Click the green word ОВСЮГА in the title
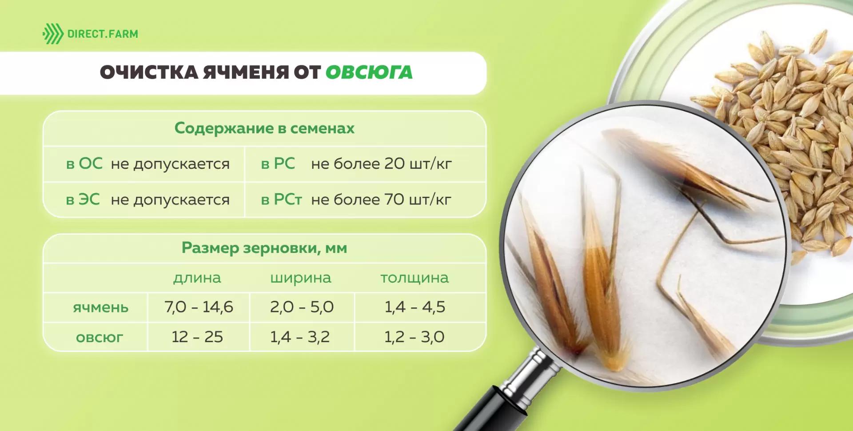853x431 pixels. (x=369, y=72)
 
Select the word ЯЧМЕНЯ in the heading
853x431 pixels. (x=246, y=72)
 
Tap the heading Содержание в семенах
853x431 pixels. (x=264, y=128)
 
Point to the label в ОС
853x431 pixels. (x=84, y=164)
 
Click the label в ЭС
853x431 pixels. (x=83, y=200)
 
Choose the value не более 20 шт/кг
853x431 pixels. (x=381, y=164)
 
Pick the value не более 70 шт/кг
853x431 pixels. (x=381, y=200)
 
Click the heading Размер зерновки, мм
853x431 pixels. (x=264, y=247)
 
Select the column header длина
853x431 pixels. (x=197, y=278)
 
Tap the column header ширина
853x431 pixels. (x=301, y=278)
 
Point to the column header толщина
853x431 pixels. (x=415, y=278)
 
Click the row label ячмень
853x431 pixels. (x=100, y=307)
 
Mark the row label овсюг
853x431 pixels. (x=100, y=337)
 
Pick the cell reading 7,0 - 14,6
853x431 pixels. (x=199, y=307)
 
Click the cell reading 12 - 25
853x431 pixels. (x=197, y=337)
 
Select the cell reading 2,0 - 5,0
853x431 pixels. (x=302, y=307)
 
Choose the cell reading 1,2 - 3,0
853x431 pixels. (x=415, y=337)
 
